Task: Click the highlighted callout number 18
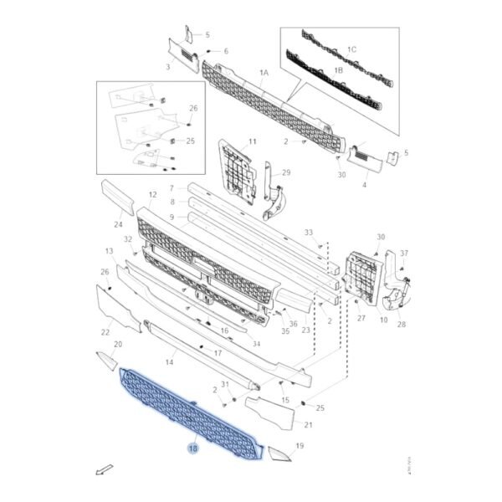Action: [x=193, y=448]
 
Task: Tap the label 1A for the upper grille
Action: [x=264, y=74]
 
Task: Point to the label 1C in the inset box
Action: [x=351, y=50]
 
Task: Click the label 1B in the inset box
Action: [x=338, y=71]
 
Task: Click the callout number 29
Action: [x=285, y=172]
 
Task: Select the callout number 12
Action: [x=152, y=195]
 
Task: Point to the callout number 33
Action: [x=309, y=232]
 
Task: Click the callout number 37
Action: [x=404, y=253]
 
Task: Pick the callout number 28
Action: [x=401, y=324]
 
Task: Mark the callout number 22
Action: [x=105, y=333]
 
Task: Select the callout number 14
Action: [x=169, y=362]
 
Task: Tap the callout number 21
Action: [x=307, y=425]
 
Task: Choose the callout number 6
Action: [x=224, y=51]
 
